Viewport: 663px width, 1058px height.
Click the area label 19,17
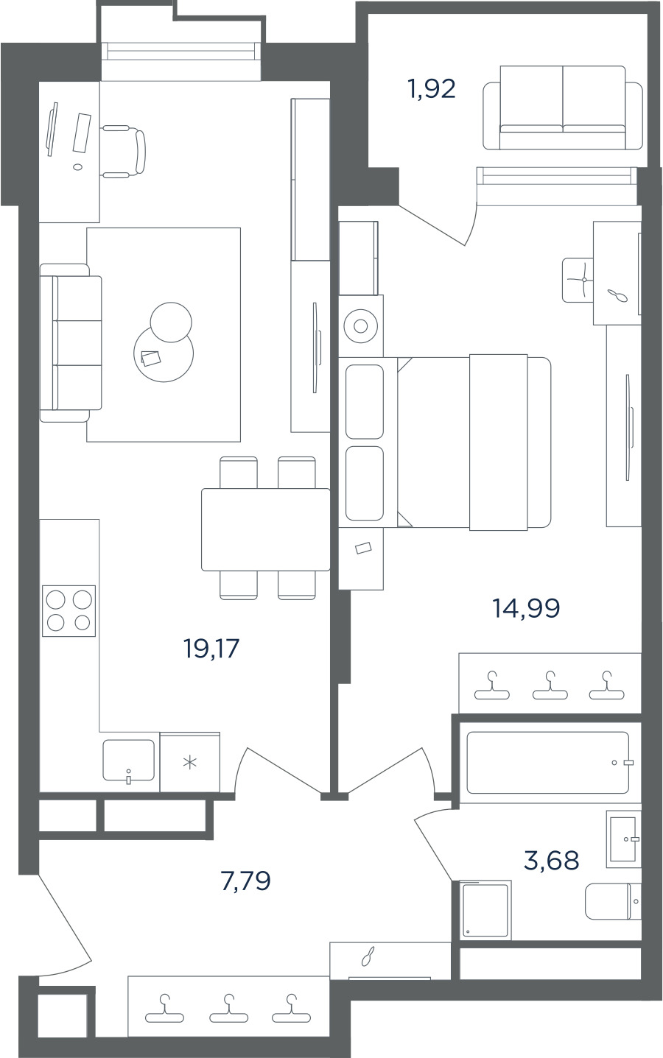coord(211,648)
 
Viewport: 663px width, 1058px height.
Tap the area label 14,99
coord(526,608)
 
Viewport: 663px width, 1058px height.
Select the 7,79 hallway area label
coord(246,881)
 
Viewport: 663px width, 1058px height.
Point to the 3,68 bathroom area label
coord(552,860)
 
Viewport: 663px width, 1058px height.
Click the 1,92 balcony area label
coord(432,89)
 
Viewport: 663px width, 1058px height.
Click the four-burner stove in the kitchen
coord(69,610)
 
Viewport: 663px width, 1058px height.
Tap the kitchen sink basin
coord(128,760)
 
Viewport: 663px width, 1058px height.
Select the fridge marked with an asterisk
coord(190,762)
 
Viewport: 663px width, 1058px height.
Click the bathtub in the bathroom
coord(547,762)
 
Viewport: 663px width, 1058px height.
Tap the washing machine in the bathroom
coord(482,909)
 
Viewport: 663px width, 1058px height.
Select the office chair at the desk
coord(124,152)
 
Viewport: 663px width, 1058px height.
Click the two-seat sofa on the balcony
coord(563,107)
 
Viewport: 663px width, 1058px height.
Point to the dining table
coord(266,529)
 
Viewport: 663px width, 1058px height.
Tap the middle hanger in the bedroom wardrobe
coord(550,685)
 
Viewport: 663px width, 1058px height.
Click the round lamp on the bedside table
coord(360,326)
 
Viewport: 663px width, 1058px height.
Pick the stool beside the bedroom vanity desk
coord(578,280)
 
